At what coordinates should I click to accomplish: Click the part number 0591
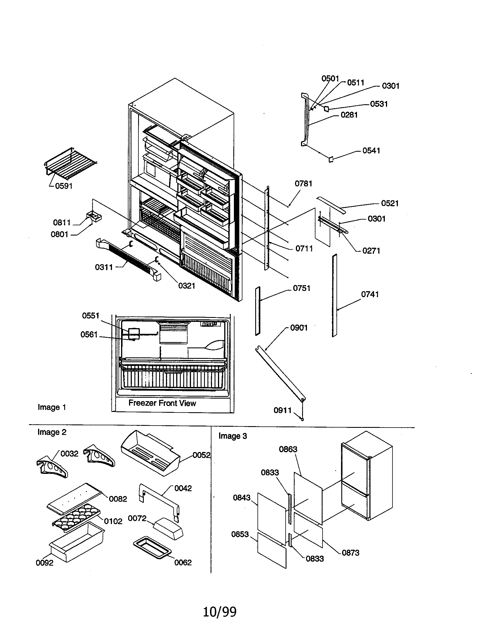pyautogui.click(x=64, y=186)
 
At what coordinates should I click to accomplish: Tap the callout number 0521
pyautogui.click(x=390, y=203)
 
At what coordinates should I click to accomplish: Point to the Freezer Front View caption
pyautogui.click(x=162, y=403)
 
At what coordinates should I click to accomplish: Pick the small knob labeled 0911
pyautogui.click(x=302, y=419)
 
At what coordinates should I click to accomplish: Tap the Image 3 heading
pyautogui.click(x=232, y=436)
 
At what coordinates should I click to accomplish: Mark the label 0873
pyautogui.click(x=350, y=553)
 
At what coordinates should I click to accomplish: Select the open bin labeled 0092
pyautogui.click(x=77, y=542)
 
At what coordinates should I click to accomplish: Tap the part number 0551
pyautogui.click(x=90, y=316)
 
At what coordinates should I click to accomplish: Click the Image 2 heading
pyautogui.click(x=52, y=432)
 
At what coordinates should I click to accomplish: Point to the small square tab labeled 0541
pyautogui.click(x=331, y=159)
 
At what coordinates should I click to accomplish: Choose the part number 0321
pyautogui.click(x=187, y=286)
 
